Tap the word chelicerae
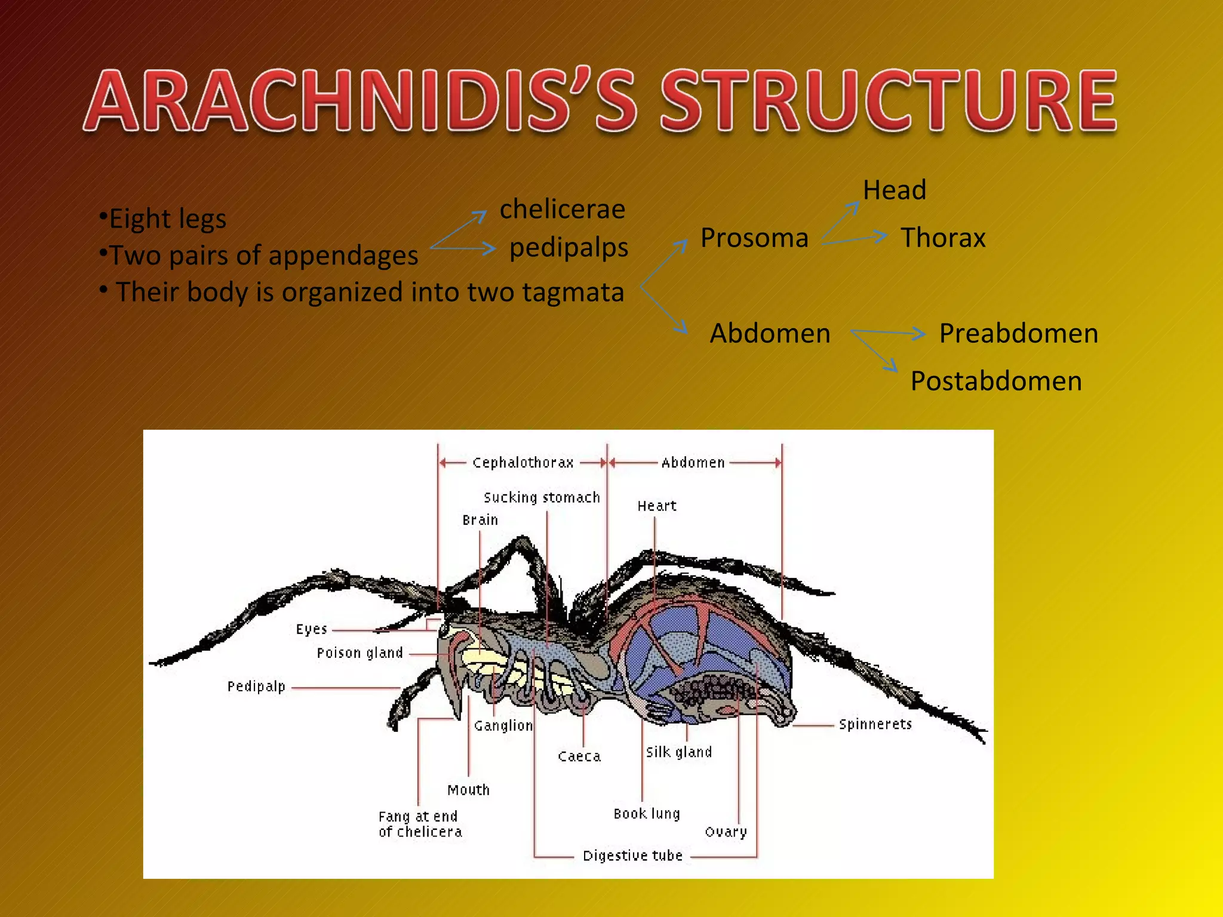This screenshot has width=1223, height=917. click(x=562, y=210)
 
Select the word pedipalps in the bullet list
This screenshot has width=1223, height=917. click(x=569, y=248)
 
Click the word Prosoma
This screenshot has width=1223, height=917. click(x=754, y=238)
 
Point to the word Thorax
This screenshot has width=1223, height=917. click(x=943, y=238)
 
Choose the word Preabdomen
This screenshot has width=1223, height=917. click(x=1018, y=333)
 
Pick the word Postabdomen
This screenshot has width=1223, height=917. click(x=996, y=381)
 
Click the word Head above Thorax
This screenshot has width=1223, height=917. click(x=895, y=190)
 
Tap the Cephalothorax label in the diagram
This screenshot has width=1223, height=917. click(x=523, y=463)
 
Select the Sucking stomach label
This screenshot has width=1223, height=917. click(x=542, y=497)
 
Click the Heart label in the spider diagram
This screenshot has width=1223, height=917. click(x=657, y=506)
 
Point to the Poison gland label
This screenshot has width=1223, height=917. click(x=359, y=653)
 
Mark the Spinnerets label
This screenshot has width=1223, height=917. click(x=875, y=724)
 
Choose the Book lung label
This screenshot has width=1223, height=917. click(x=647, y=814)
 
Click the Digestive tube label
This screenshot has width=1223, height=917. click(x=632, y=856)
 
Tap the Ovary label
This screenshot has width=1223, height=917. click(x=726, y=832)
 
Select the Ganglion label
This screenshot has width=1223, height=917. click(x=503, y=725)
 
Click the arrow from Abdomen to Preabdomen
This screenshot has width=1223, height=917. click(x=888, y=333)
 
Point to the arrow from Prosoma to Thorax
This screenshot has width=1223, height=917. click(x=854, y=239)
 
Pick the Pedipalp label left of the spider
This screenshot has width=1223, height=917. click(x=256, y=687)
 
